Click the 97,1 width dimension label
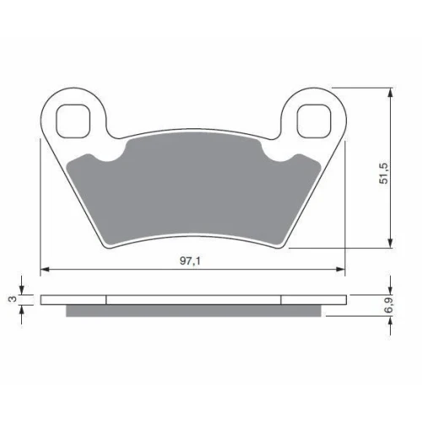190,261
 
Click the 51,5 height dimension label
384,173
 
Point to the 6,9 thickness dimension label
390,306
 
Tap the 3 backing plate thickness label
13,300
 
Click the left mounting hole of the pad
73,121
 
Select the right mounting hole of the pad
313,121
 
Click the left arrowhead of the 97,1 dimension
45,269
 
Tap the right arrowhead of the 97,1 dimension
340,269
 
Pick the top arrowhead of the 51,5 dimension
390,93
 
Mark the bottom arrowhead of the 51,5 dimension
390,243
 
